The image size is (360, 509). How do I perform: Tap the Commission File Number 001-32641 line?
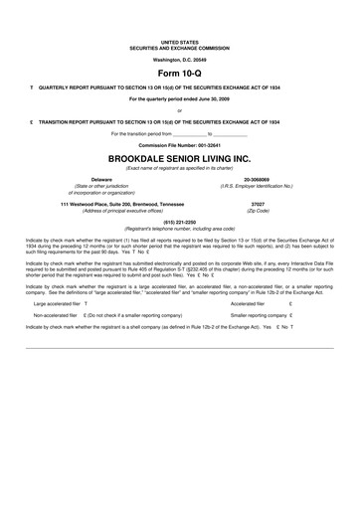pos(180,145)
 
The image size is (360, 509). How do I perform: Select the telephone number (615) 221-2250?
pos(180,222)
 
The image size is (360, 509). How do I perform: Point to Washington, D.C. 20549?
pos(180,61)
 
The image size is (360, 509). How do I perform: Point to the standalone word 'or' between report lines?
pos(180,110)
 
